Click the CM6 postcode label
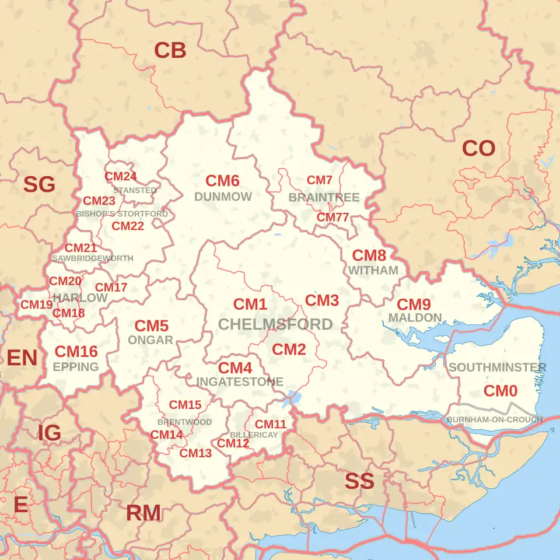pos(222,181)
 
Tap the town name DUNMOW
pos(223,197)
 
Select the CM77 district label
pos(332,218)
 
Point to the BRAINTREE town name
pos(324,198)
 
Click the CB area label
pos(170,51)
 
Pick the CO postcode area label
pos(478,149)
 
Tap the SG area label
pos(39,185)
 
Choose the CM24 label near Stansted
pos(121,176)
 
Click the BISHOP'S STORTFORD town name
pos(122,214)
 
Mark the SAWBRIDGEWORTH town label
pos(93,258)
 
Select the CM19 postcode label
pos(37,304)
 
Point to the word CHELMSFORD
pos(275,324)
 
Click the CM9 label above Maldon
pos(414,304)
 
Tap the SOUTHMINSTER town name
pos(497,367)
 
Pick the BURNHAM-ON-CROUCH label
pos(495,419)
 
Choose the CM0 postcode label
pos(501,391)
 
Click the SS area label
pos(359,481)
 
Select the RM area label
pos(143,513)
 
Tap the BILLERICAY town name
pos(253,435)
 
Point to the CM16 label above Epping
pos(76,351)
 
